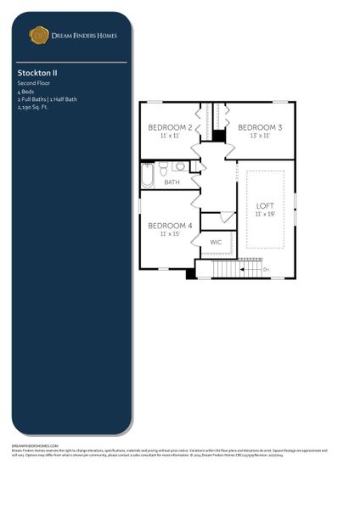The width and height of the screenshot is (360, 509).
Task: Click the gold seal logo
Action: [x=39, y=35]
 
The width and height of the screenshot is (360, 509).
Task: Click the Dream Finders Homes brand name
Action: [x=85, y=36]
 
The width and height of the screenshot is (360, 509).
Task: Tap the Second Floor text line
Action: [x=33, y=83]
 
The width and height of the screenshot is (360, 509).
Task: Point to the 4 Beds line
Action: [x=26, y=91]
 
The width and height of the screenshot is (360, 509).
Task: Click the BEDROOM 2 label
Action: [x=170, y=127]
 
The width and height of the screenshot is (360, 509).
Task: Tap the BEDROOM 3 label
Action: [x=260, y=127]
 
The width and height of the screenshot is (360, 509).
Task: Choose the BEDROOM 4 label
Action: [x=170, y=226]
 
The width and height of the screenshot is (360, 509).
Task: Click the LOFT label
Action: [x=266, y=206]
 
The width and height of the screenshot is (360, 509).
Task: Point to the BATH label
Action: [x=172, y=182]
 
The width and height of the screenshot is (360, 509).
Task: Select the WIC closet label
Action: [x=217, y=242]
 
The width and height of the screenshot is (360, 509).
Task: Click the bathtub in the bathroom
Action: [x=148, y=175]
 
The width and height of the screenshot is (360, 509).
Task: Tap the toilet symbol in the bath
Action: [x=163, y=169]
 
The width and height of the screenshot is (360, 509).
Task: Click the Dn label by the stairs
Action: [x=266, y=270]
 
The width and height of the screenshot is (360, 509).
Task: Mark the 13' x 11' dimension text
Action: [x=260, y=136]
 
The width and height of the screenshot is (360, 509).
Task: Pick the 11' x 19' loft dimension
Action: [x=266, y=215]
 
